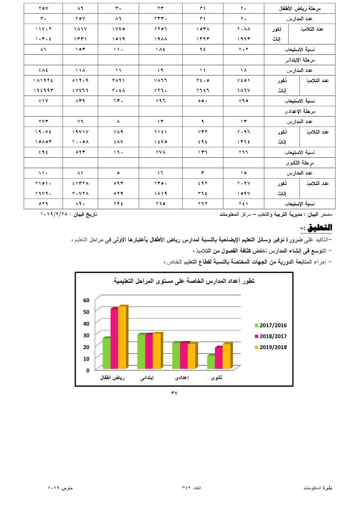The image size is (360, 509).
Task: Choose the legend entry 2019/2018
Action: point(271,348)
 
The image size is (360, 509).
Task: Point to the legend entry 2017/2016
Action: point(271,325)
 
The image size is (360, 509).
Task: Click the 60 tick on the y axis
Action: point(86,300)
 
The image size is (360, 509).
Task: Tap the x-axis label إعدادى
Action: point(182,378)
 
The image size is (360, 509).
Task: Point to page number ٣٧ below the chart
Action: point(174,393)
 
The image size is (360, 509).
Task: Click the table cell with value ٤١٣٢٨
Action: point(80,183)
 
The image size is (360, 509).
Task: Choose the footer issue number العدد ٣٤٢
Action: point(191,488)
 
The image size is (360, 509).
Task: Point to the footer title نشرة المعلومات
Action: point(318,488)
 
